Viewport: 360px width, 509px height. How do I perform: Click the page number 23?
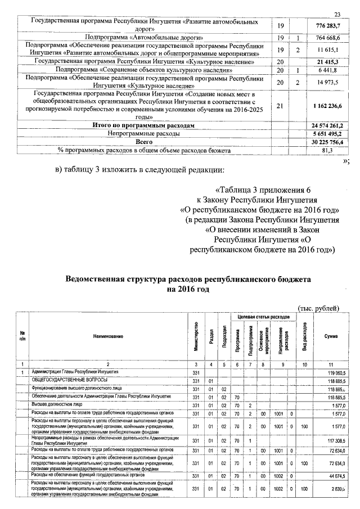(x=337, y=14)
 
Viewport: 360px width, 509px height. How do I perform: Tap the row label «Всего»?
(x=143, y=143)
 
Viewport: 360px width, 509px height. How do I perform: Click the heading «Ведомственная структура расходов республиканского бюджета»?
(x=187, y=279)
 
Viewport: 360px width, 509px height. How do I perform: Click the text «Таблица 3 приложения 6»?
(x=262, y=189)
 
